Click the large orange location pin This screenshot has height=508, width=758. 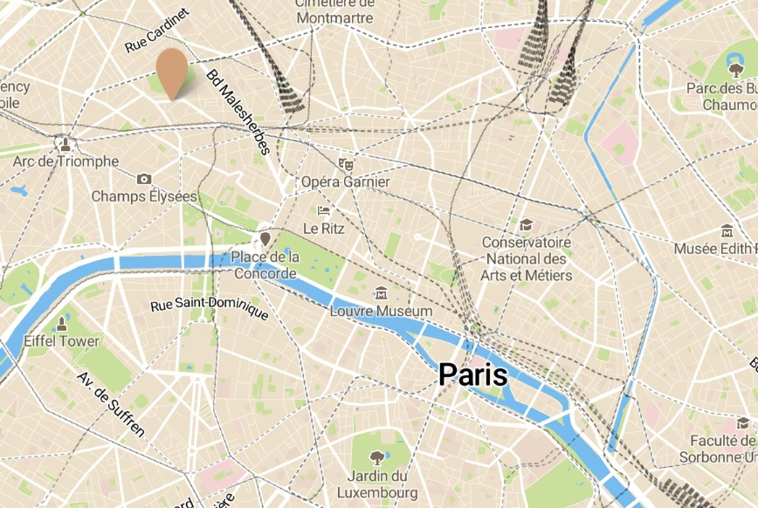pos(172,70)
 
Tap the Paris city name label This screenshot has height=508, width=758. pos(472,374)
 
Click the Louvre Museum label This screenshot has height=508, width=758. pos(381,311)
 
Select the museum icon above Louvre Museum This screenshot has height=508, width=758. pos(381,293)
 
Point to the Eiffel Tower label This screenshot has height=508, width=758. pos(61,340)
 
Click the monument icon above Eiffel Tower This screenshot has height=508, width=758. pos(61,323)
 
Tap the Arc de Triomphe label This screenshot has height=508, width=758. pos(65,161)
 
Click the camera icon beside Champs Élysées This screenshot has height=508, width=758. pos(144,179)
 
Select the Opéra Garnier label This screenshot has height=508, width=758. pos(344,182)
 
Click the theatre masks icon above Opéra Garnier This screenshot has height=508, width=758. pos(346,163)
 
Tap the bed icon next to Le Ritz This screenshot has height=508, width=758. pos(324,210)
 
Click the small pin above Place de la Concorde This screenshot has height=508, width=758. pos(265,237)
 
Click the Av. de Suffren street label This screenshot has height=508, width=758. pos(110,404)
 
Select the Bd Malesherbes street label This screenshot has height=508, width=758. pos(238,113)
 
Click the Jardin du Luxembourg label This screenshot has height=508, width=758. pos(377,484)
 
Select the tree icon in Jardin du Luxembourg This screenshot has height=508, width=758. pos(377,456)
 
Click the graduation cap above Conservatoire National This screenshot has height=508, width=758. pos(526,225)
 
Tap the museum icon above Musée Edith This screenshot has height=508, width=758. pos(727,231)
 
